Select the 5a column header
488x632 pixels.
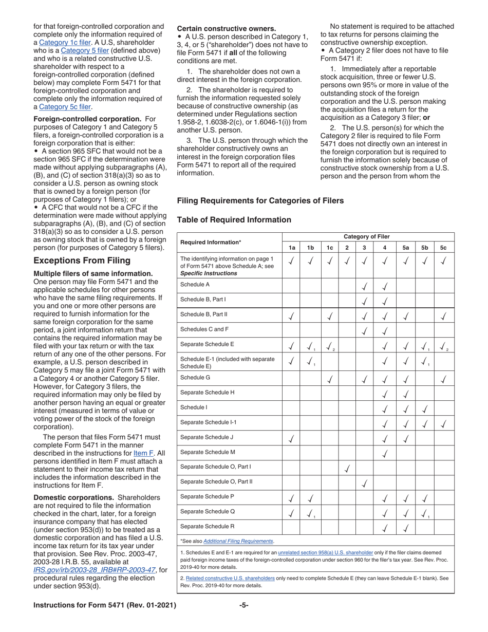coord(405,247)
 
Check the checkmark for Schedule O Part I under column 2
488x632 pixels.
coord(347,468)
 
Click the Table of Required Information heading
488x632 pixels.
coord(234,219)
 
